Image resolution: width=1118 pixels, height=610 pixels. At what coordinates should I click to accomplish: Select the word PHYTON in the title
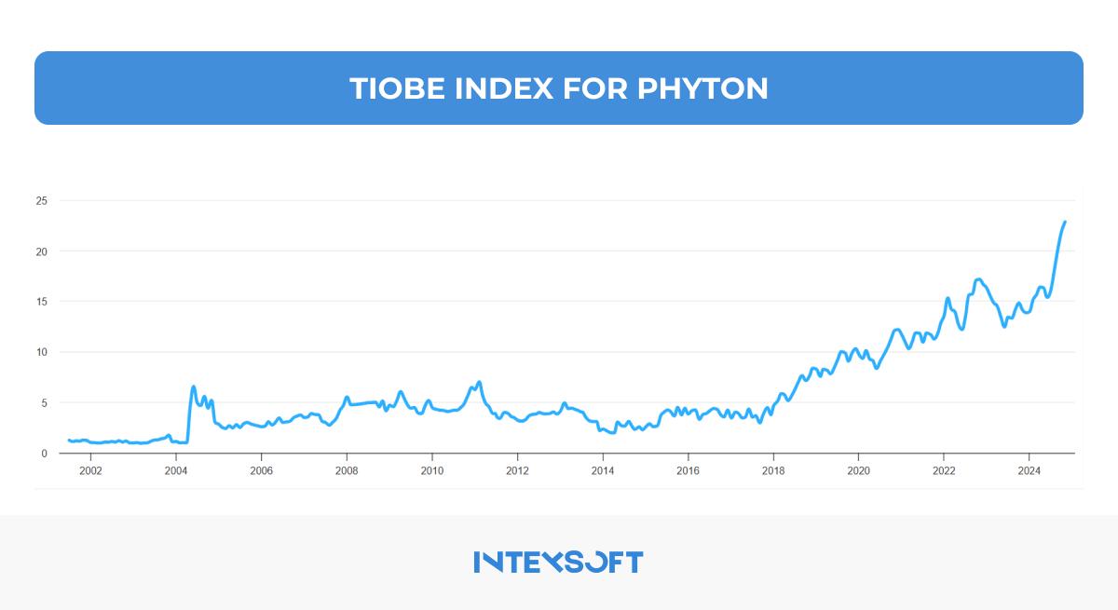click(703, 88)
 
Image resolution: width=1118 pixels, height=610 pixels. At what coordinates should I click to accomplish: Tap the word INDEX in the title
click(504, 88)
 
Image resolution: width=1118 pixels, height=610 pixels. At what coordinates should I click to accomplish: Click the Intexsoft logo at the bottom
click(558, 562)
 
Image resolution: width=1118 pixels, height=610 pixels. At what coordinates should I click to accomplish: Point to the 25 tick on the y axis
click(41, 200)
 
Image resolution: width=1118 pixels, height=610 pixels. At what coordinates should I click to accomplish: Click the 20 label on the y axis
click(41, 251)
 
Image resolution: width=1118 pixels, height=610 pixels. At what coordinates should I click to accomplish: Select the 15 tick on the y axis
click(41, 302)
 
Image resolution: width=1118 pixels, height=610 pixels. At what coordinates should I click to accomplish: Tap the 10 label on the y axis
click(41, 352)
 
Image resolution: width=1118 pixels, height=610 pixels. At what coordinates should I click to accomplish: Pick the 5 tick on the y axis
click(44, 403)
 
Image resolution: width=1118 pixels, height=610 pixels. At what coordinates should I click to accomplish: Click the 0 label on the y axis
click(44, 454)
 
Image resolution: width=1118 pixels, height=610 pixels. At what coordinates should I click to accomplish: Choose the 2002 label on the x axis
click(90, 470)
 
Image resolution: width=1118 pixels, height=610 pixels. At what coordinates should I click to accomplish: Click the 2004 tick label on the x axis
click(176, 470)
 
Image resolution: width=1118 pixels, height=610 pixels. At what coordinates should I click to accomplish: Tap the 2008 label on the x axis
click(347, 470)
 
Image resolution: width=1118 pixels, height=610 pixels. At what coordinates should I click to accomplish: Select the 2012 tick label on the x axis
click(517, 470)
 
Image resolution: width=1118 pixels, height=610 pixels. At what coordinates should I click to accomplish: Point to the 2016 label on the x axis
click(688, 470)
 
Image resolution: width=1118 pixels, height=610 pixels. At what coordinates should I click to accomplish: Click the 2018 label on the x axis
click(773, 470)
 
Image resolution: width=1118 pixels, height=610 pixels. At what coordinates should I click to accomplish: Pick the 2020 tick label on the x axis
click(858, 470)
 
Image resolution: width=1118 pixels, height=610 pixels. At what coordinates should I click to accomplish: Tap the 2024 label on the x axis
click(1029, 470)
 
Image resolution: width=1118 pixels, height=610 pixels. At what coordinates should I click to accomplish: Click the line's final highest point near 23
click(1064, 223)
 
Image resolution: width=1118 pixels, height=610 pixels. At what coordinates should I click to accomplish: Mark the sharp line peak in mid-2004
click(193, 386)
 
